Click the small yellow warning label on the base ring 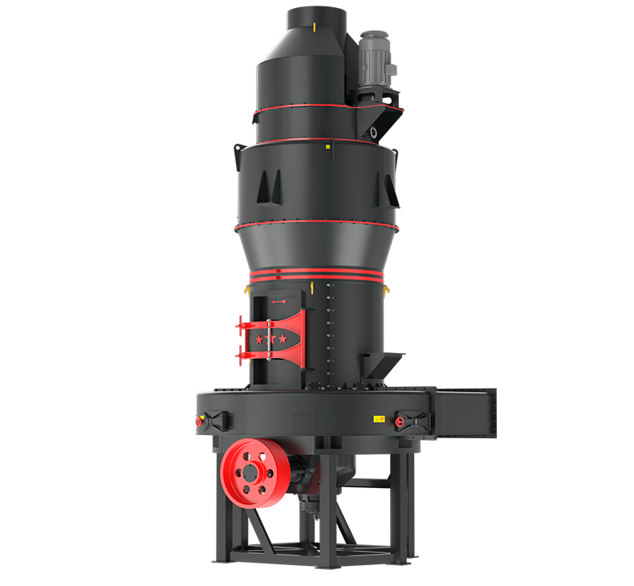click(377, 419)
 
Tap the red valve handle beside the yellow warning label click(400, 420)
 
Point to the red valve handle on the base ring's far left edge click(198, 420)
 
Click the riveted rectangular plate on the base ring click(306, 420)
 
